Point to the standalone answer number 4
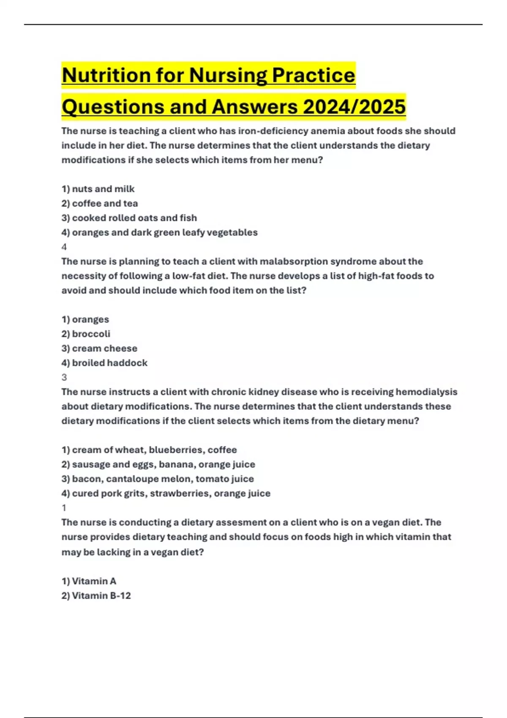[x=64, y=247]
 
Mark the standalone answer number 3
[x=64, y=377]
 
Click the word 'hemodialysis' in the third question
[x=426, y=392]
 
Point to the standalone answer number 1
[x=64, y=508]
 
